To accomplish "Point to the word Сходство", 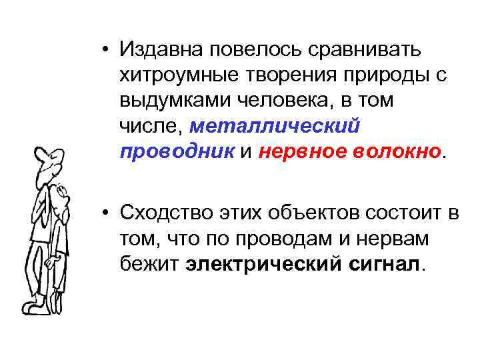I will point(163,213).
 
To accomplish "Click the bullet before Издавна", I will point(107,49).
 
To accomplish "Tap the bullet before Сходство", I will point(107,213).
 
